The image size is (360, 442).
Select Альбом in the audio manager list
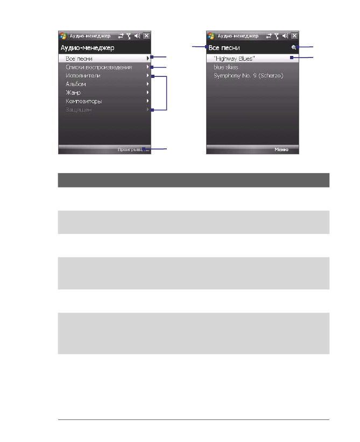point(75,84)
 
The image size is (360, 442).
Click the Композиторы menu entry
point(83,101)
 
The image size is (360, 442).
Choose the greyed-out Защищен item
point(79,110)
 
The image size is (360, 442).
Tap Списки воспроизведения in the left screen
point(98,67)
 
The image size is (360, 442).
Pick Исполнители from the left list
point(82,76)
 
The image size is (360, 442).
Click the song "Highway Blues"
point(234,58)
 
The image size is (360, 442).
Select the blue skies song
point(226,67)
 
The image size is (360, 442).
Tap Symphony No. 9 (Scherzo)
point(248,76)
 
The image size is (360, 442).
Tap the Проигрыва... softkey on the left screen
point(133,150)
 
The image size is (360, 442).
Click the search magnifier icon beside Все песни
point(294,48)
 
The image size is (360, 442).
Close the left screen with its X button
point(146,36)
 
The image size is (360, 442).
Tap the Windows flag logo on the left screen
point(63,36)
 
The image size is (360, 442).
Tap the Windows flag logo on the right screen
point(211,36)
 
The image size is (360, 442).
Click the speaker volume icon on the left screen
point(138,36)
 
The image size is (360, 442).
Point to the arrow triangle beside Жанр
point(147,92)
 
